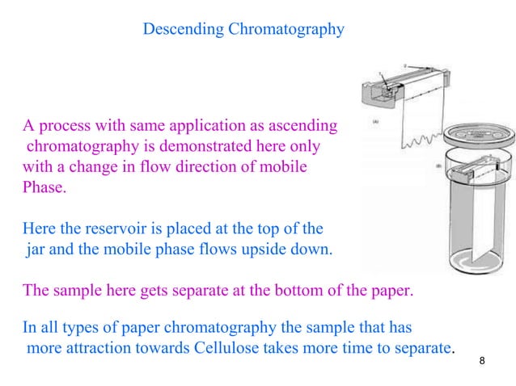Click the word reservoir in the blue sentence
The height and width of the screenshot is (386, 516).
pyautogui.click(x=109, y=229)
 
